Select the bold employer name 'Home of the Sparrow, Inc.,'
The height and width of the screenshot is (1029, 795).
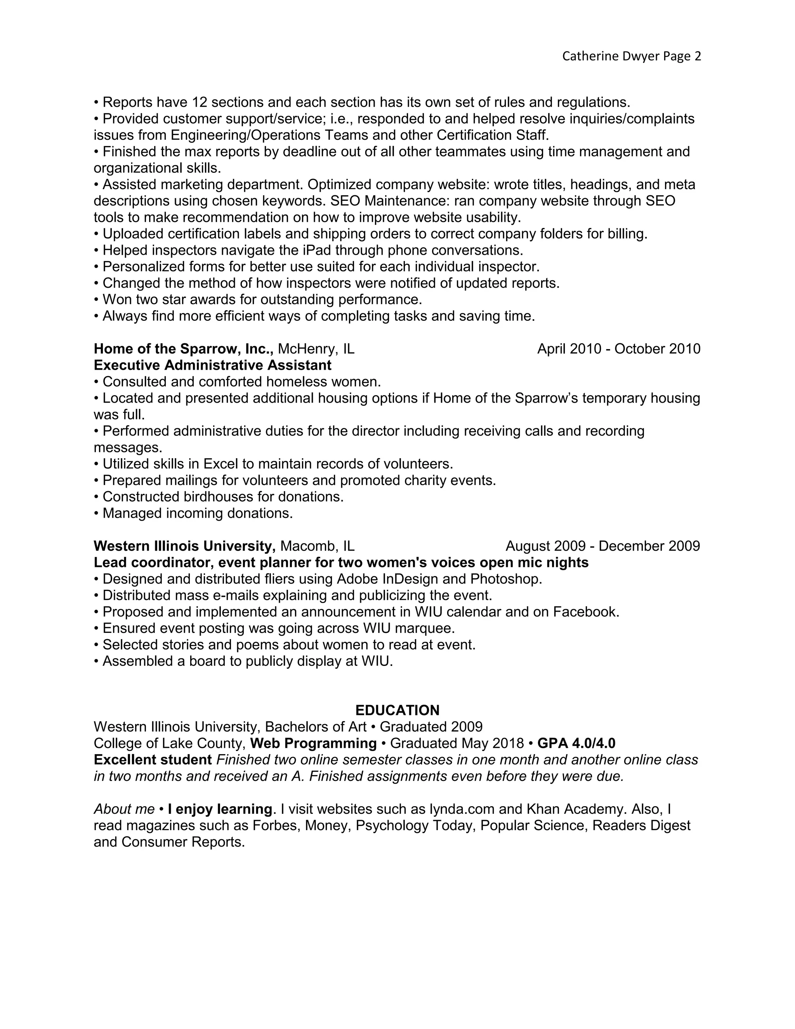point(184,349)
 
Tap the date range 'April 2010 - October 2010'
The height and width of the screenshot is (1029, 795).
point(618,349)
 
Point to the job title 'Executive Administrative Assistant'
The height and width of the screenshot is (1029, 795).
point(212,365)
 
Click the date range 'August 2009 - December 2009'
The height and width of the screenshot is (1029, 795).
point(602,546)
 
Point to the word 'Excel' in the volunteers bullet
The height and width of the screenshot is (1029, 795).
point(220,464)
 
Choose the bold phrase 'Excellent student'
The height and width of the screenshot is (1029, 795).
point(153,760)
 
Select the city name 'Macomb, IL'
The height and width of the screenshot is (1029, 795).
point(317,546)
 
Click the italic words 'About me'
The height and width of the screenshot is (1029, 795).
point(124,809)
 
